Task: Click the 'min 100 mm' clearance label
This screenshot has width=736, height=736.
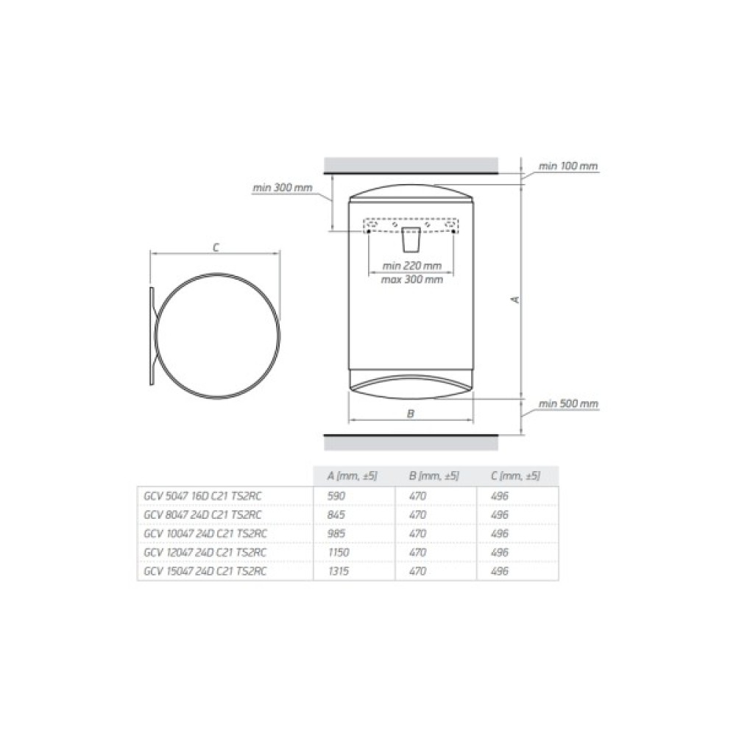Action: click(x=568, y=166)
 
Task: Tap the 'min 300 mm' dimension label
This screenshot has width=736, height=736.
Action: click(x=283, y=188)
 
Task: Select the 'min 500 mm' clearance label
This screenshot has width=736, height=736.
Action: click(x=568, y=403)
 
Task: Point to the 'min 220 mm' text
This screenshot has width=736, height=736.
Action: click(x=411, y=266)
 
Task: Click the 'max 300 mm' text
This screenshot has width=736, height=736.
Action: click(x=411, y=280)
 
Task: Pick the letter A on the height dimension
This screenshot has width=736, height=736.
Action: click(x=516, y=300)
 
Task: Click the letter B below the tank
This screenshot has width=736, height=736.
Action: click(x=411, y=414)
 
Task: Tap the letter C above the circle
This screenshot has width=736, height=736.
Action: click(x=216, y=247)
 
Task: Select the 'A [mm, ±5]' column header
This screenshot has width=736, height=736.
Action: click(x=352, y=476)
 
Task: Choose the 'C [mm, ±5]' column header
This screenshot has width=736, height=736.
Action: click(x=515, y=476)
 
